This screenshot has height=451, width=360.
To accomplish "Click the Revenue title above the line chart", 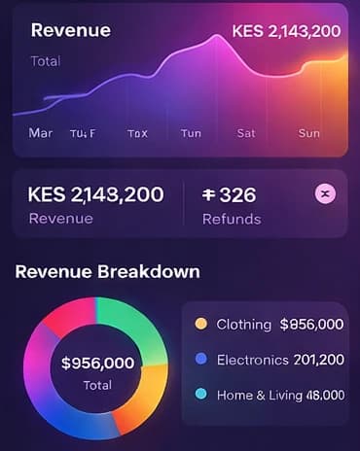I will pyautogui.click(x=70, y=30).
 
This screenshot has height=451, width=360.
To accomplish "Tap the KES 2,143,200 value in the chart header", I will pyautogui.click(x=286, y=31).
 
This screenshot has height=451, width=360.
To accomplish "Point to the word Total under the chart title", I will pyautogui.click(x=46, y=60).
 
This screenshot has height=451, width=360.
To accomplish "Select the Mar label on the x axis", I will pyautogui.click(x=41, y=132).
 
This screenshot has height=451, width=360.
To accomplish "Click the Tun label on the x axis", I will pyautogui.click(x=191, y=133).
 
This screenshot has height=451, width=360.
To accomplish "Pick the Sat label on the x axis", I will pyautogui.click(x=246, y=133).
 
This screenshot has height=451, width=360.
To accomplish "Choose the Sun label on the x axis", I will pyautogui.click(x=308, y=133).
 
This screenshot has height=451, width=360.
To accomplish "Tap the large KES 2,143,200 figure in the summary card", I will pyautogui.click(x=96, y=194).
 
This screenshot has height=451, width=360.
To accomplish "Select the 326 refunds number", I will pyautogui.click(x=230, y=194).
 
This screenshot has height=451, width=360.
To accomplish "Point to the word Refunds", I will pyautogui.click(x=232, y=219).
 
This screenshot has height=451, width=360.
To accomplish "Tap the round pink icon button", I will pyautogui.click(x=326, y=193).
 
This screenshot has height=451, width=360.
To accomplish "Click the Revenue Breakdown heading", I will pyautogui.click(x=107, y=271).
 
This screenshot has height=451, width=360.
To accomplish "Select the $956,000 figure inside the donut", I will pyautogui.click(x=97, y=364).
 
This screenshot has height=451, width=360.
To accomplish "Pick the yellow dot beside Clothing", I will pyautogui.click(x=201, y=324).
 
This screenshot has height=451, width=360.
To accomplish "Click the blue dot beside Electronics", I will pyautogui.click(x=201, y=360).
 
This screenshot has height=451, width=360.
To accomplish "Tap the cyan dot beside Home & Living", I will pyautogui.click(x=201, y=395).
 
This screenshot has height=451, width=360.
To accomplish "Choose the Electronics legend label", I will pyautogui.click(x=253, y=360).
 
